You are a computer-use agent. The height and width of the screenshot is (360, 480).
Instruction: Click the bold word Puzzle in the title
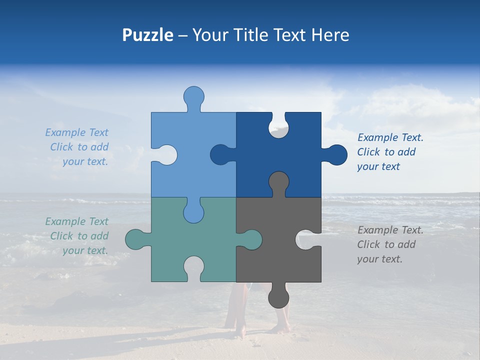[147, 35]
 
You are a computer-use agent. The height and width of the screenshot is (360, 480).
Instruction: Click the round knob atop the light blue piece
[194, 96]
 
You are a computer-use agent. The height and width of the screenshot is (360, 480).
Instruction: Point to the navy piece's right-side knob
[336, 155]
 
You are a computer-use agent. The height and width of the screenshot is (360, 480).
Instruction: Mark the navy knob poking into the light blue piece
[220, 155]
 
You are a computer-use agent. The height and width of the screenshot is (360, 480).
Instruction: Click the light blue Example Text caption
[77, 147]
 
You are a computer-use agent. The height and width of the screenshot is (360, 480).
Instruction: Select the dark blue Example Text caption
[390, 152]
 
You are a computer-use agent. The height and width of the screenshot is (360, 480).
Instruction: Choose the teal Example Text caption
[77, 236]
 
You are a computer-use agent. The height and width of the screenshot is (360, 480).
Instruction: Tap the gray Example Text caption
[390, 244]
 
